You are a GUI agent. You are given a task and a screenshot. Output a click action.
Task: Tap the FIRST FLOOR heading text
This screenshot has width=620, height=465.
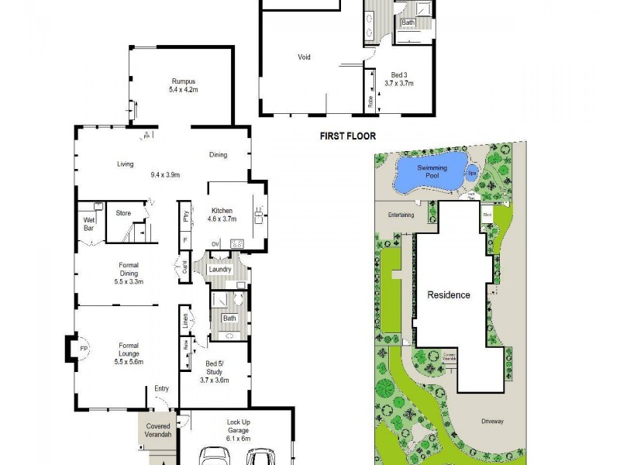pos(348,136)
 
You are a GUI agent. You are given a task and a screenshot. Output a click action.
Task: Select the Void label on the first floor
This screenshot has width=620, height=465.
pos(305,57)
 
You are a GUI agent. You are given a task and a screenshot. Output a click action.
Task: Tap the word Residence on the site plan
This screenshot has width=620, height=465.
pos(449,295)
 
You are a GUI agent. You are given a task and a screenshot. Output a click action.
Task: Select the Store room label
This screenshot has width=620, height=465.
pos(123,213)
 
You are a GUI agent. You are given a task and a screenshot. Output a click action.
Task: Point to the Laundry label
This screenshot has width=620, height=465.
pos(220,270)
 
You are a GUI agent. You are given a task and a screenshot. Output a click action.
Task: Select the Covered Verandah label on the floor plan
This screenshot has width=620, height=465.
pos(158,431)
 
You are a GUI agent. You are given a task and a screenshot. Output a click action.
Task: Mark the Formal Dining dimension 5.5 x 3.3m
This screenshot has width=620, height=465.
pos(129,281)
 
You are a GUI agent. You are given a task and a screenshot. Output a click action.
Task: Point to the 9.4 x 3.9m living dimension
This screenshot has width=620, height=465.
pos(165,174)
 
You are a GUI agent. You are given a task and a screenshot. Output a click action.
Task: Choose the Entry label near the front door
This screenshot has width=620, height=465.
pos(161,389)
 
